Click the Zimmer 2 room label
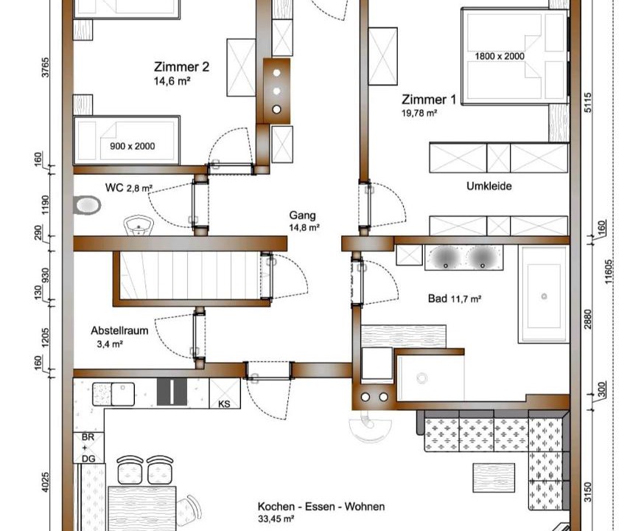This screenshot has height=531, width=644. click(x=181, y=73)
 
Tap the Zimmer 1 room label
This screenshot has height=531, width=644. click(x=428, y=105)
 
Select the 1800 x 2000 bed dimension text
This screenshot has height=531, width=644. click(x=500, y=56)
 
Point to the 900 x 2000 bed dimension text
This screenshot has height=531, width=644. click(x=132, y=146)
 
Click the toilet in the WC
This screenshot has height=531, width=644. click(x=87, y=205)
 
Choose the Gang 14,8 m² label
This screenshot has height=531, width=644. click(x=304, y=221)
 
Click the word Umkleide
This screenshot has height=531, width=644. click(x=489, y=186)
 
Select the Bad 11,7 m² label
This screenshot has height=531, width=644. click(x=455, y=299)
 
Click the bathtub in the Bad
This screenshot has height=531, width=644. click(x=544, y=294)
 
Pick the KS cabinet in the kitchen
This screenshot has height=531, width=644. click(x=225, y=393)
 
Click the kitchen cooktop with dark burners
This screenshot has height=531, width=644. click(x=172, y=392)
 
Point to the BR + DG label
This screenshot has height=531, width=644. click(x=88, y=448)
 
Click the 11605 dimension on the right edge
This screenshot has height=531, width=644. click(x=609, y=271)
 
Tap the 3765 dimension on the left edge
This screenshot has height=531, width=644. click(x=45, y=67)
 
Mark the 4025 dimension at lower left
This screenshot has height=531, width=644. click(x=45, y=482)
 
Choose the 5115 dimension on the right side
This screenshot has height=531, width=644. click(x=588, y=103)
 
